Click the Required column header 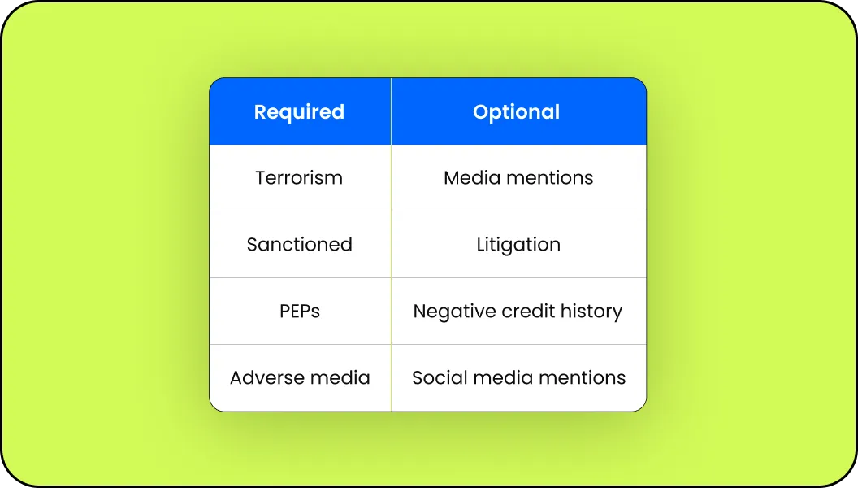(299, 111)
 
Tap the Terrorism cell (299, 178)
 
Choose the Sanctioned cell (299, 244)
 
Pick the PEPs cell (299, 311)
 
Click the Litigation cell (518, 244)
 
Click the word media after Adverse (340, 378)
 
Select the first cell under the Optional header (518, 178)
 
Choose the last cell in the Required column (299, 378)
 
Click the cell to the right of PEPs (518, 311)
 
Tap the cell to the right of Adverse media (518, 378)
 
